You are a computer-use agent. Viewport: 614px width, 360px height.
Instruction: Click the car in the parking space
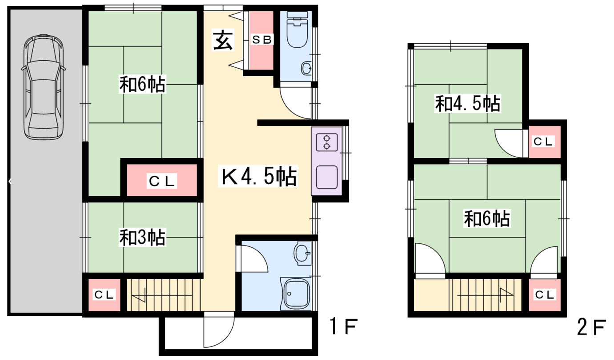coord(44,87)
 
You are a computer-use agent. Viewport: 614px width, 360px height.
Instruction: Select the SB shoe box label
coord(262,40)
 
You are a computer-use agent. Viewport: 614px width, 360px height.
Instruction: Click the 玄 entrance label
coord(223,40)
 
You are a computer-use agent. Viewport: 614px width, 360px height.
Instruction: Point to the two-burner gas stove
coord(327,142)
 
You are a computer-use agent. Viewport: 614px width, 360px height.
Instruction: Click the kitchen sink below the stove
coord(327,177)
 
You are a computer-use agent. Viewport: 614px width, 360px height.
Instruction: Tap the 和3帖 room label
coord(142,237)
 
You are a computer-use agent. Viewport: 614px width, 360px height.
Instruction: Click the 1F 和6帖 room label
coord(142,84)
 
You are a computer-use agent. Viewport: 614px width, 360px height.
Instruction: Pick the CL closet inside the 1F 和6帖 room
coord(162,180)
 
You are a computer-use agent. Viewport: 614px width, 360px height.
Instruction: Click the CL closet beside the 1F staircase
coord(104,295)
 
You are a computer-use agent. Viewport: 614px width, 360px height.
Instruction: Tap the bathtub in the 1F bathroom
coord(296,294)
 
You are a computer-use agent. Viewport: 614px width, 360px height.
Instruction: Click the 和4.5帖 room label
coord(468,104)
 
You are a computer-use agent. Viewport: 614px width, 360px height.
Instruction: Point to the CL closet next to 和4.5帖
coord(545,142)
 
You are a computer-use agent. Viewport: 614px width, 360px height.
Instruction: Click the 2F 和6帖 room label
coord(487,218)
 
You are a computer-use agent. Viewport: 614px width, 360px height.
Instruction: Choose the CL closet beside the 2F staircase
coord(545,295)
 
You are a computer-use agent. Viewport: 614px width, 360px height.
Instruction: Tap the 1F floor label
coord(343,326)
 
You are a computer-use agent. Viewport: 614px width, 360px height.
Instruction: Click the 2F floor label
coord(591,327)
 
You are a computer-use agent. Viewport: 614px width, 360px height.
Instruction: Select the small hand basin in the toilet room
coord(307,68)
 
